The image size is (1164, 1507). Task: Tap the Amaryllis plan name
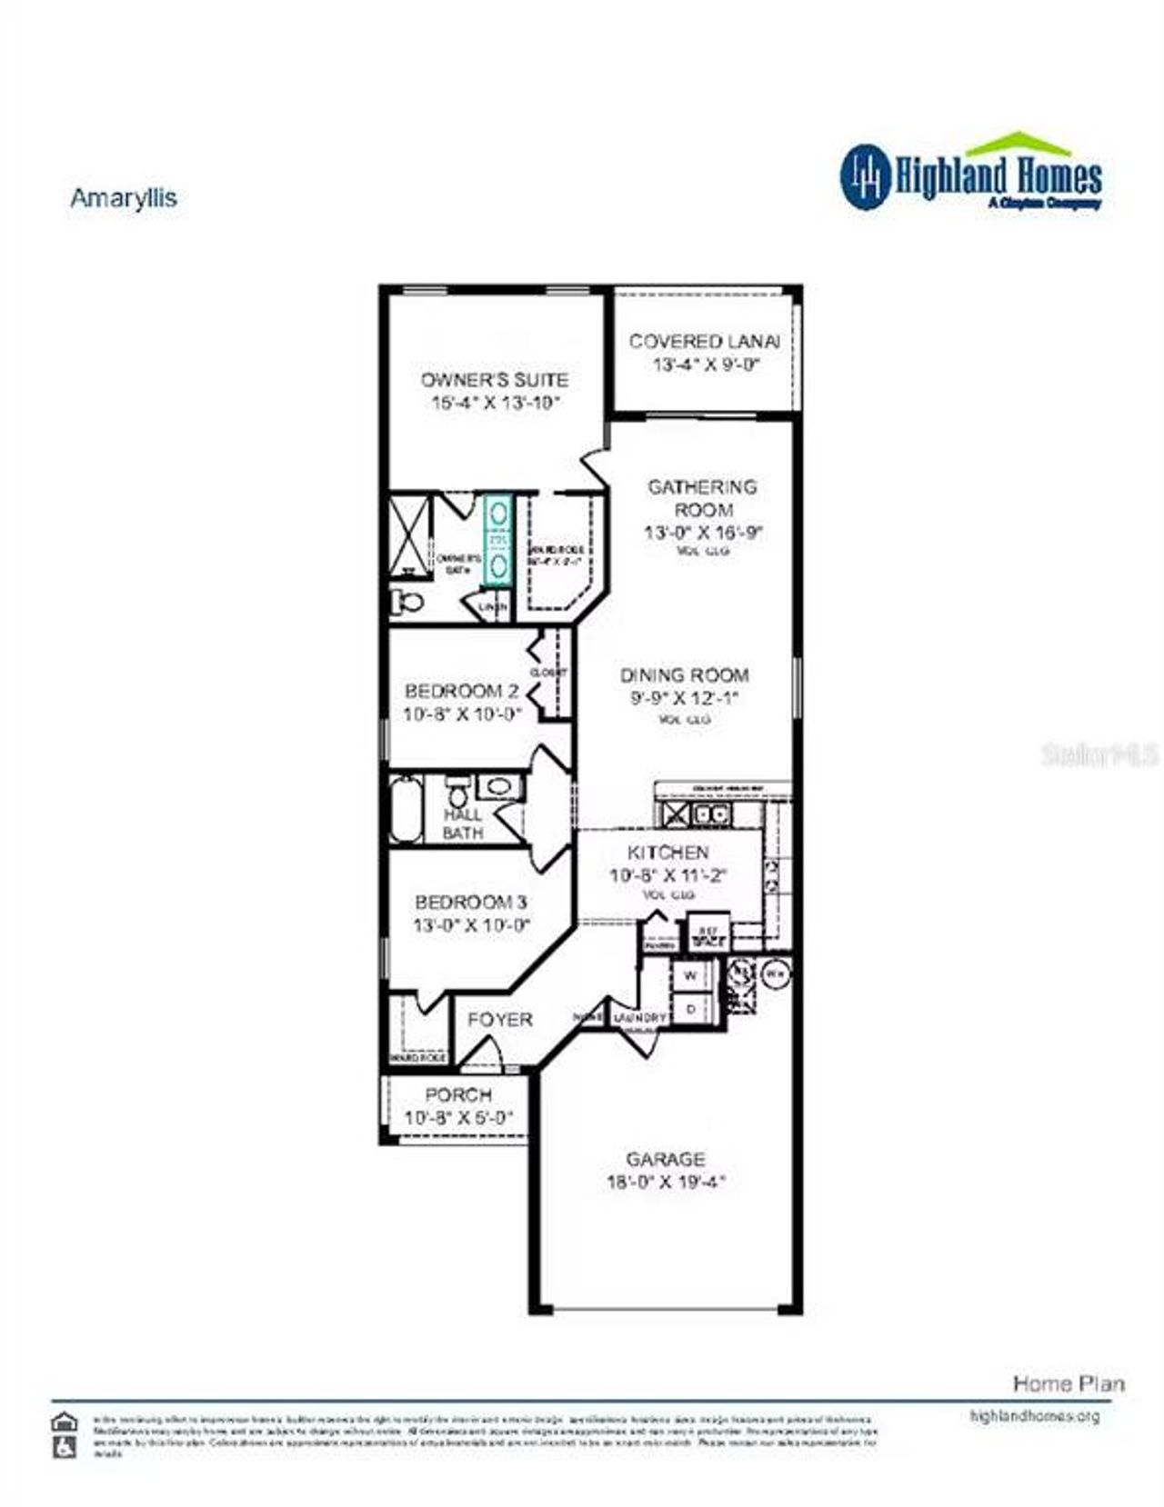124,198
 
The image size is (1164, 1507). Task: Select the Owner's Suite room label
494,380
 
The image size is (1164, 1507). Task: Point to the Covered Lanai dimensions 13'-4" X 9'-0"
705,365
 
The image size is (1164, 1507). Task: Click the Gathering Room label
702,498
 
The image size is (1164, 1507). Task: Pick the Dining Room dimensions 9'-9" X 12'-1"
684,699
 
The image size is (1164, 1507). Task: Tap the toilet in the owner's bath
407,601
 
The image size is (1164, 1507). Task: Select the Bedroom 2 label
461,690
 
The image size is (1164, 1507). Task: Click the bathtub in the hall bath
406,809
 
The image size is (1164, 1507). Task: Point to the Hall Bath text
463,823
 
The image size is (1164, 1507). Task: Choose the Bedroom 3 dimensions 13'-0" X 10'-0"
471,926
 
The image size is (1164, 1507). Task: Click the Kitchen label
668,853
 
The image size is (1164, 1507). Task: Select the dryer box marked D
690,1008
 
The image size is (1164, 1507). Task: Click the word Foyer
499,1020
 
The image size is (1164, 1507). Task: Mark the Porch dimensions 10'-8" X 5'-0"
458,1118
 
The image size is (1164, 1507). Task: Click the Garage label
665,1159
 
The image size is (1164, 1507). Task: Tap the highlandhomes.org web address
1035,1415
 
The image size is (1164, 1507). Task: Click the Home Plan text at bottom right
1069,1383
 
